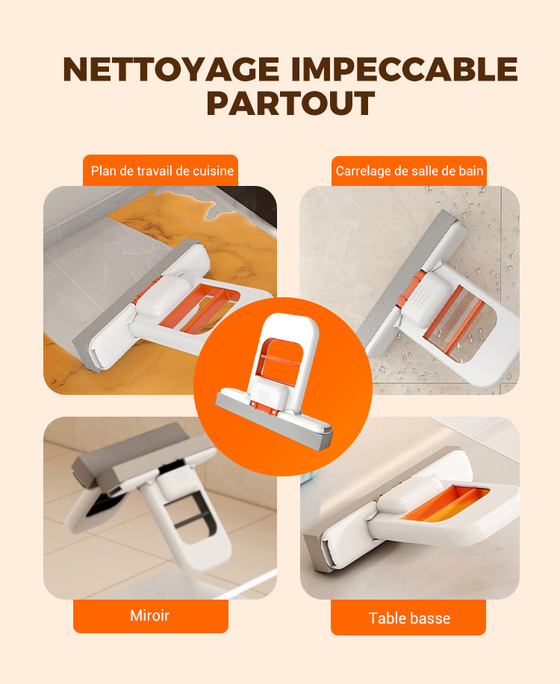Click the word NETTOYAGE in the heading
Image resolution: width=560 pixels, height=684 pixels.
[x=171, y=69]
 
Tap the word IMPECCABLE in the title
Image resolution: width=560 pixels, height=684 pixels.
[x=404, y=69]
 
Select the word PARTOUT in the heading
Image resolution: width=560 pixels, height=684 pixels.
[x=290, y=103]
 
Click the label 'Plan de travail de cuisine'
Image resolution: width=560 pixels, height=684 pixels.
[x=162, y=170]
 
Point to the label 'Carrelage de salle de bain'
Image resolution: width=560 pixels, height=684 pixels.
[x=409, y=170]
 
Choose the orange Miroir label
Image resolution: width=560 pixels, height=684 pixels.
[x=151, y=615]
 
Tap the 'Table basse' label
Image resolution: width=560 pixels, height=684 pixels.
[x=408, y=618]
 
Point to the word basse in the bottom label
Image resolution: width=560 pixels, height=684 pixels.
[x=430, y=618]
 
